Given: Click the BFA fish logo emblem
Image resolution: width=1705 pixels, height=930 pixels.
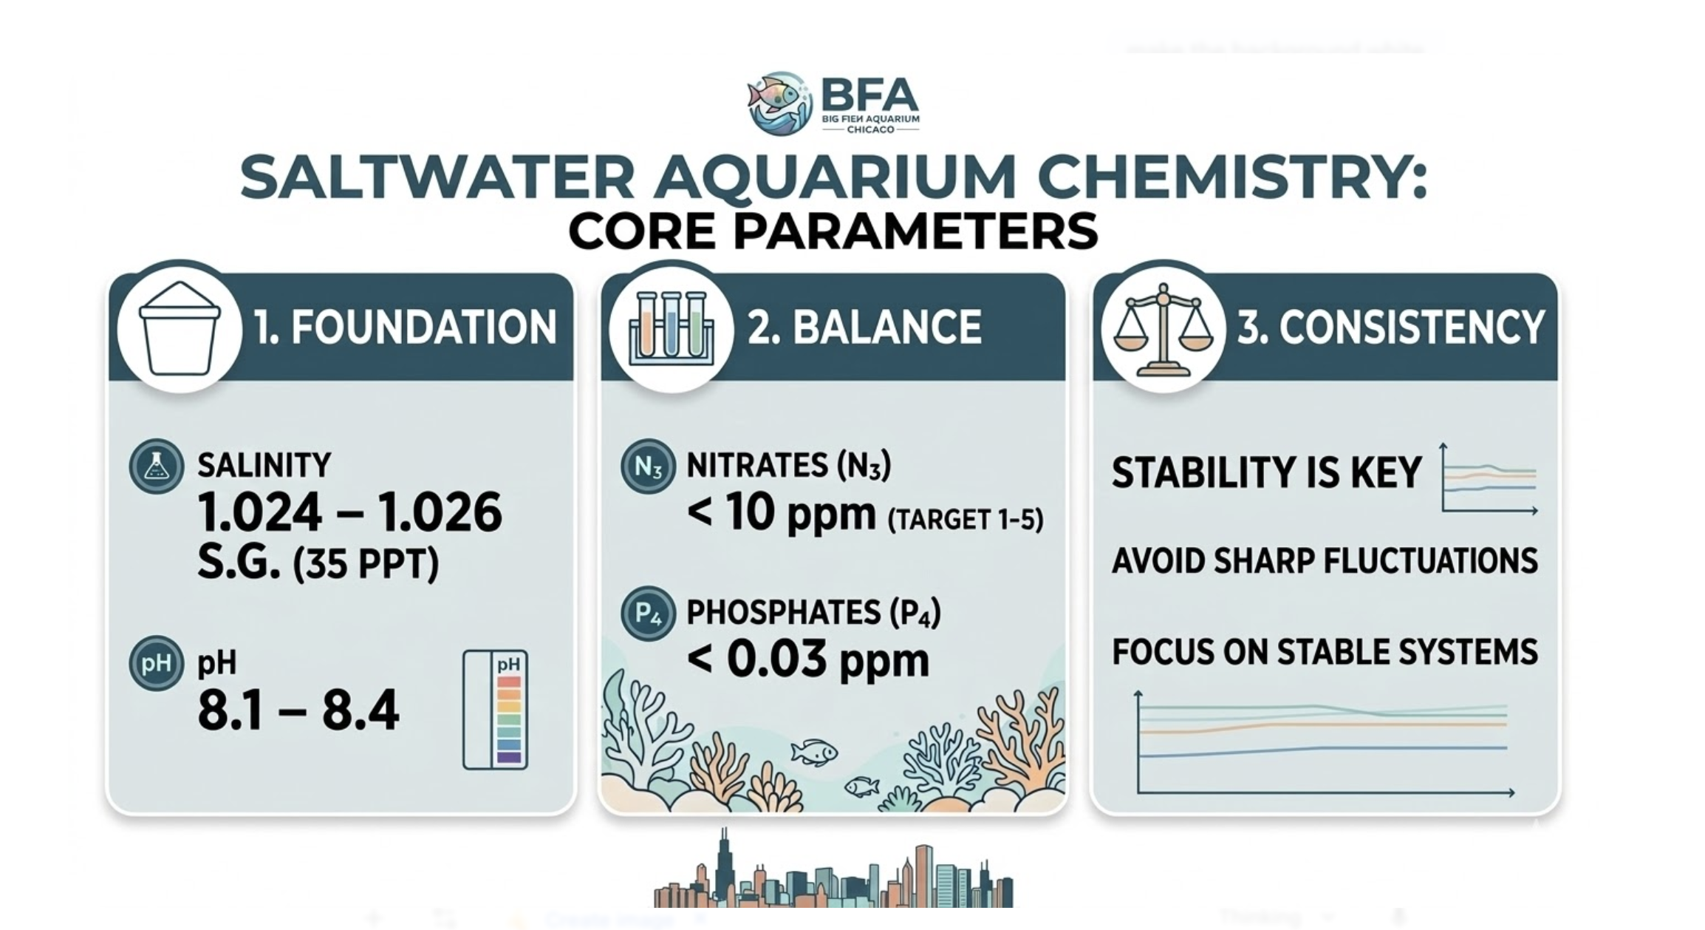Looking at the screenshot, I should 779,103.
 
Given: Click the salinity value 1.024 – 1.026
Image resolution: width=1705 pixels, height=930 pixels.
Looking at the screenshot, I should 349,512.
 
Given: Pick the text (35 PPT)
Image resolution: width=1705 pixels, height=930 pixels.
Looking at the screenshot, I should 366,564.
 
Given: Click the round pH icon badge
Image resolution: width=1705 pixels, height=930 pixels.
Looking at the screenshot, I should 156,663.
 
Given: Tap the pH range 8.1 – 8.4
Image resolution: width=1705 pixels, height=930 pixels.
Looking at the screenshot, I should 298,710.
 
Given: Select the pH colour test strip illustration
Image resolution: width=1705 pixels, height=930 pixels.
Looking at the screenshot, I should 495,710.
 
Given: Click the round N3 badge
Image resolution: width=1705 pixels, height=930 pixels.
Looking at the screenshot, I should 648,466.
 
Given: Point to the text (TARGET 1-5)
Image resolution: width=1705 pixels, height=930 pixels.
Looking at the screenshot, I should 965,520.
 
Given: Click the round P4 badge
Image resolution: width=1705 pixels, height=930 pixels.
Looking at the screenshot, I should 648,614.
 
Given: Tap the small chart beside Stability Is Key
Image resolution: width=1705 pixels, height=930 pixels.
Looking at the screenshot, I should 1489,479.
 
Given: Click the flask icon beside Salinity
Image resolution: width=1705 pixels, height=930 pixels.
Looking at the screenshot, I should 156,466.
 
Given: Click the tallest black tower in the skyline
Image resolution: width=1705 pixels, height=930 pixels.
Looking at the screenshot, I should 724,865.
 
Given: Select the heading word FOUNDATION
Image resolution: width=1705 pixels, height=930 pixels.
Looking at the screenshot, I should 423,327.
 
